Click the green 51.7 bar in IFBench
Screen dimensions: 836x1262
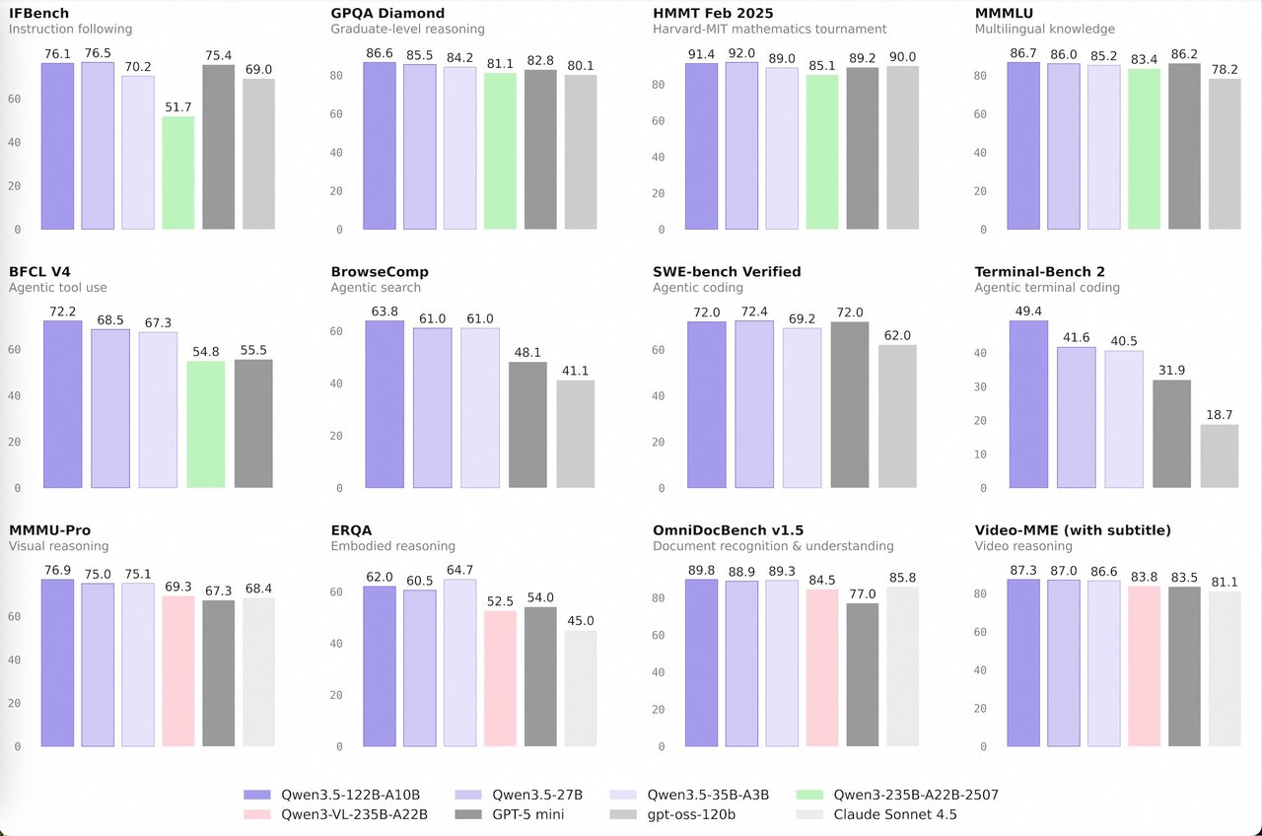[177, 174]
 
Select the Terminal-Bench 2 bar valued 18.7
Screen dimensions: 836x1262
[1219, 456]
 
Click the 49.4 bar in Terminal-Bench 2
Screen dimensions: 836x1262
[1028, 404]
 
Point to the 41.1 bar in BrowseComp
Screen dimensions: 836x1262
[575, 434]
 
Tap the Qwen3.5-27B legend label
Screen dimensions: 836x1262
[537, 795]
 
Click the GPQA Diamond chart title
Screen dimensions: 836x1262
[386, 14]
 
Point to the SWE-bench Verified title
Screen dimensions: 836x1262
[727, 271]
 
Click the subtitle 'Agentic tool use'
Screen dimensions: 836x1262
[58, 288]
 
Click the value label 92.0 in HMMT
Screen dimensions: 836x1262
[741, 55]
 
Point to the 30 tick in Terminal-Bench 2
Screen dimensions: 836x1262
[980, 386]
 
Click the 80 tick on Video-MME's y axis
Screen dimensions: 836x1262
[980, 593]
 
